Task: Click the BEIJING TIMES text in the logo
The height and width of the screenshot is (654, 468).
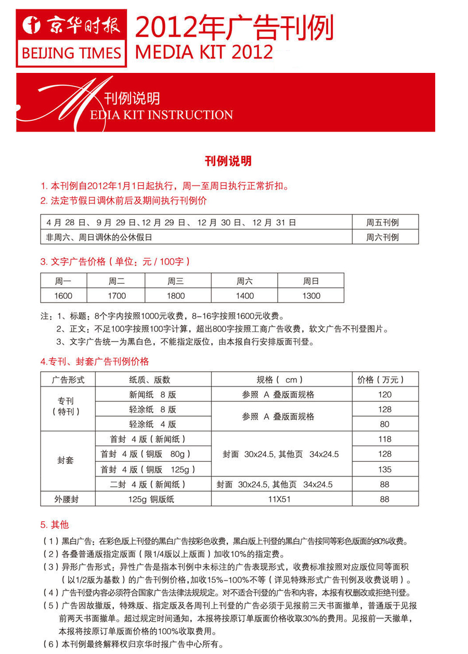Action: coord(71,53)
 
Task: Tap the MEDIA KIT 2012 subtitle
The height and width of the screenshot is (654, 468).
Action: coord(204,52)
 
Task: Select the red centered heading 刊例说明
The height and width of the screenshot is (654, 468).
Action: coord(228,161)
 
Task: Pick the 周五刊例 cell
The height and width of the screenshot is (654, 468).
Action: coord(385,222)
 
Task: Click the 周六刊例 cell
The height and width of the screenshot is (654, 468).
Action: coord(385,237)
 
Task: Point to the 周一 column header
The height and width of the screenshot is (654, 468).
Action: coord(63,281)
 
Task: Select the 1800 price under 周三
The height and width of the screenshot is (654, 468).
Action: coord(176,296)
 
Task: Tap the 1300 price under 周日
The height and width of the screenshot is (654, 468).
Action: coord(311,296)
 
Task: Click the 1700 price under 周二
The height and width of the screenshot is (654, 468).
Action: coord(116,296)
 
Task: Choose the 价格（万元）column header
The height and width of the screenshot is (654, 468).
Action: coord(385,380)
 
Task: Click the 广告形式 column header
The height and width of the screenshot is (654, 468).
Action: coord(68,380)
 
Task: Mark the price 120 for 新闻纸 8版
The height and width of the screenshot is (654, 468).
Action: coord(385,395)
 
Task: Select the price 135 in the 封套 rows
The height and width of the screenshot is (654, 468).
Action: coord(385,469)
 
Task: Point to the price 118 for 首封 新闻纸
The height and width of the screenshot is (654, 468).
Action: coord(385,439)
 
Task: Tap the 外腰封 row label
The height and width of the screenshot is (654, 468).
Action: coord(68,499)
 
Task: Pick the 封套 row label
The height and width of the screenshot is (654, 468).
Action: coord(66,461)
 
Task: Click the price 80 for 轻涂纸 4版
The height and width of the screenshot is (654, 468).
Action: coord(385,424)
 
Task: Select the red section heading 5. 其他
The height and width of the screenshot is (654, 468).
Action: coord(55,524)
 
